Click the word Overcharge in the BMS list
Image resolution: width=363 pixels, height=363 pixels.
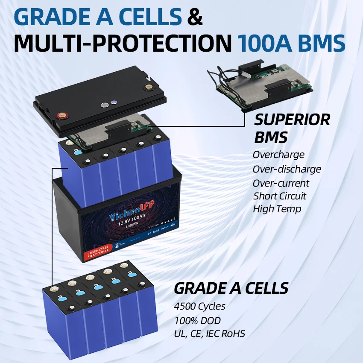click(x=278, y=155)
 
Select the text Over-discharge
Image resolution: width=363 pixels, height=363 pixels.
click(x=287, y=169)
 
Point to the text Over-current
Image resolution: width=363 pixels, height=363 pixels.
click(x=281, y=183)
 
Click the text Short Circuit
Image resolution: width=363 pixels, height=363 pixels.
click(x=279, y=196)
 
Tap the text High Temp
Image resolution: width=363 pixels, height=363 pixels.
click(x=277, y=209)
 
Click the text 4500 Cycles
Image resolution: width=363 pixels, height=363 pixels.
click(x=199, y=306)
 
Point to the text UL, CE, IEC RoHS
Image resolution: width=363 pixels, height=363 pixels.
click(x=210, y=334)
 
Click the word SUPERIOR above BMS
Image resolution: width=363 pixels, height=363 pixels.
click(x=292, y=120)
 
